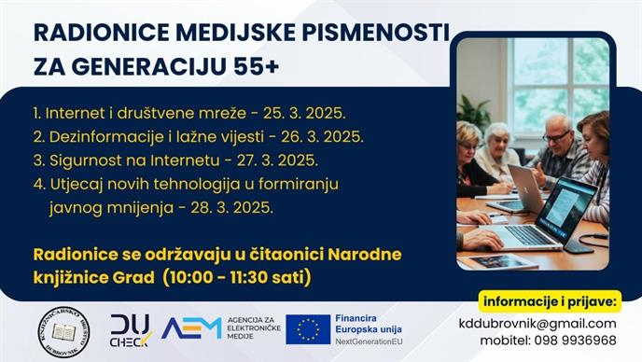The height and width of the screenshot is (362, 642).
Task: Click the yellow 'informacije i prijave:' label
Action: [550, 300]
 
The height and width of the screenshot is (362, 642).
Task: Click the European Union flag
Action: [308, 328]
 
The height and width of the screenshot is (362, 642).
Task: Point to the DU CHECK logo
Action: [131, 329]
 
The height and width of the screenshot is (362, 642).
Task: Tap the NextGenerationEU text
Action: [374, 343]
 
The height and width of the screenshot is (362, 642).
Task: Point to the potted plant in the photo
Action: [473, 113]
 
